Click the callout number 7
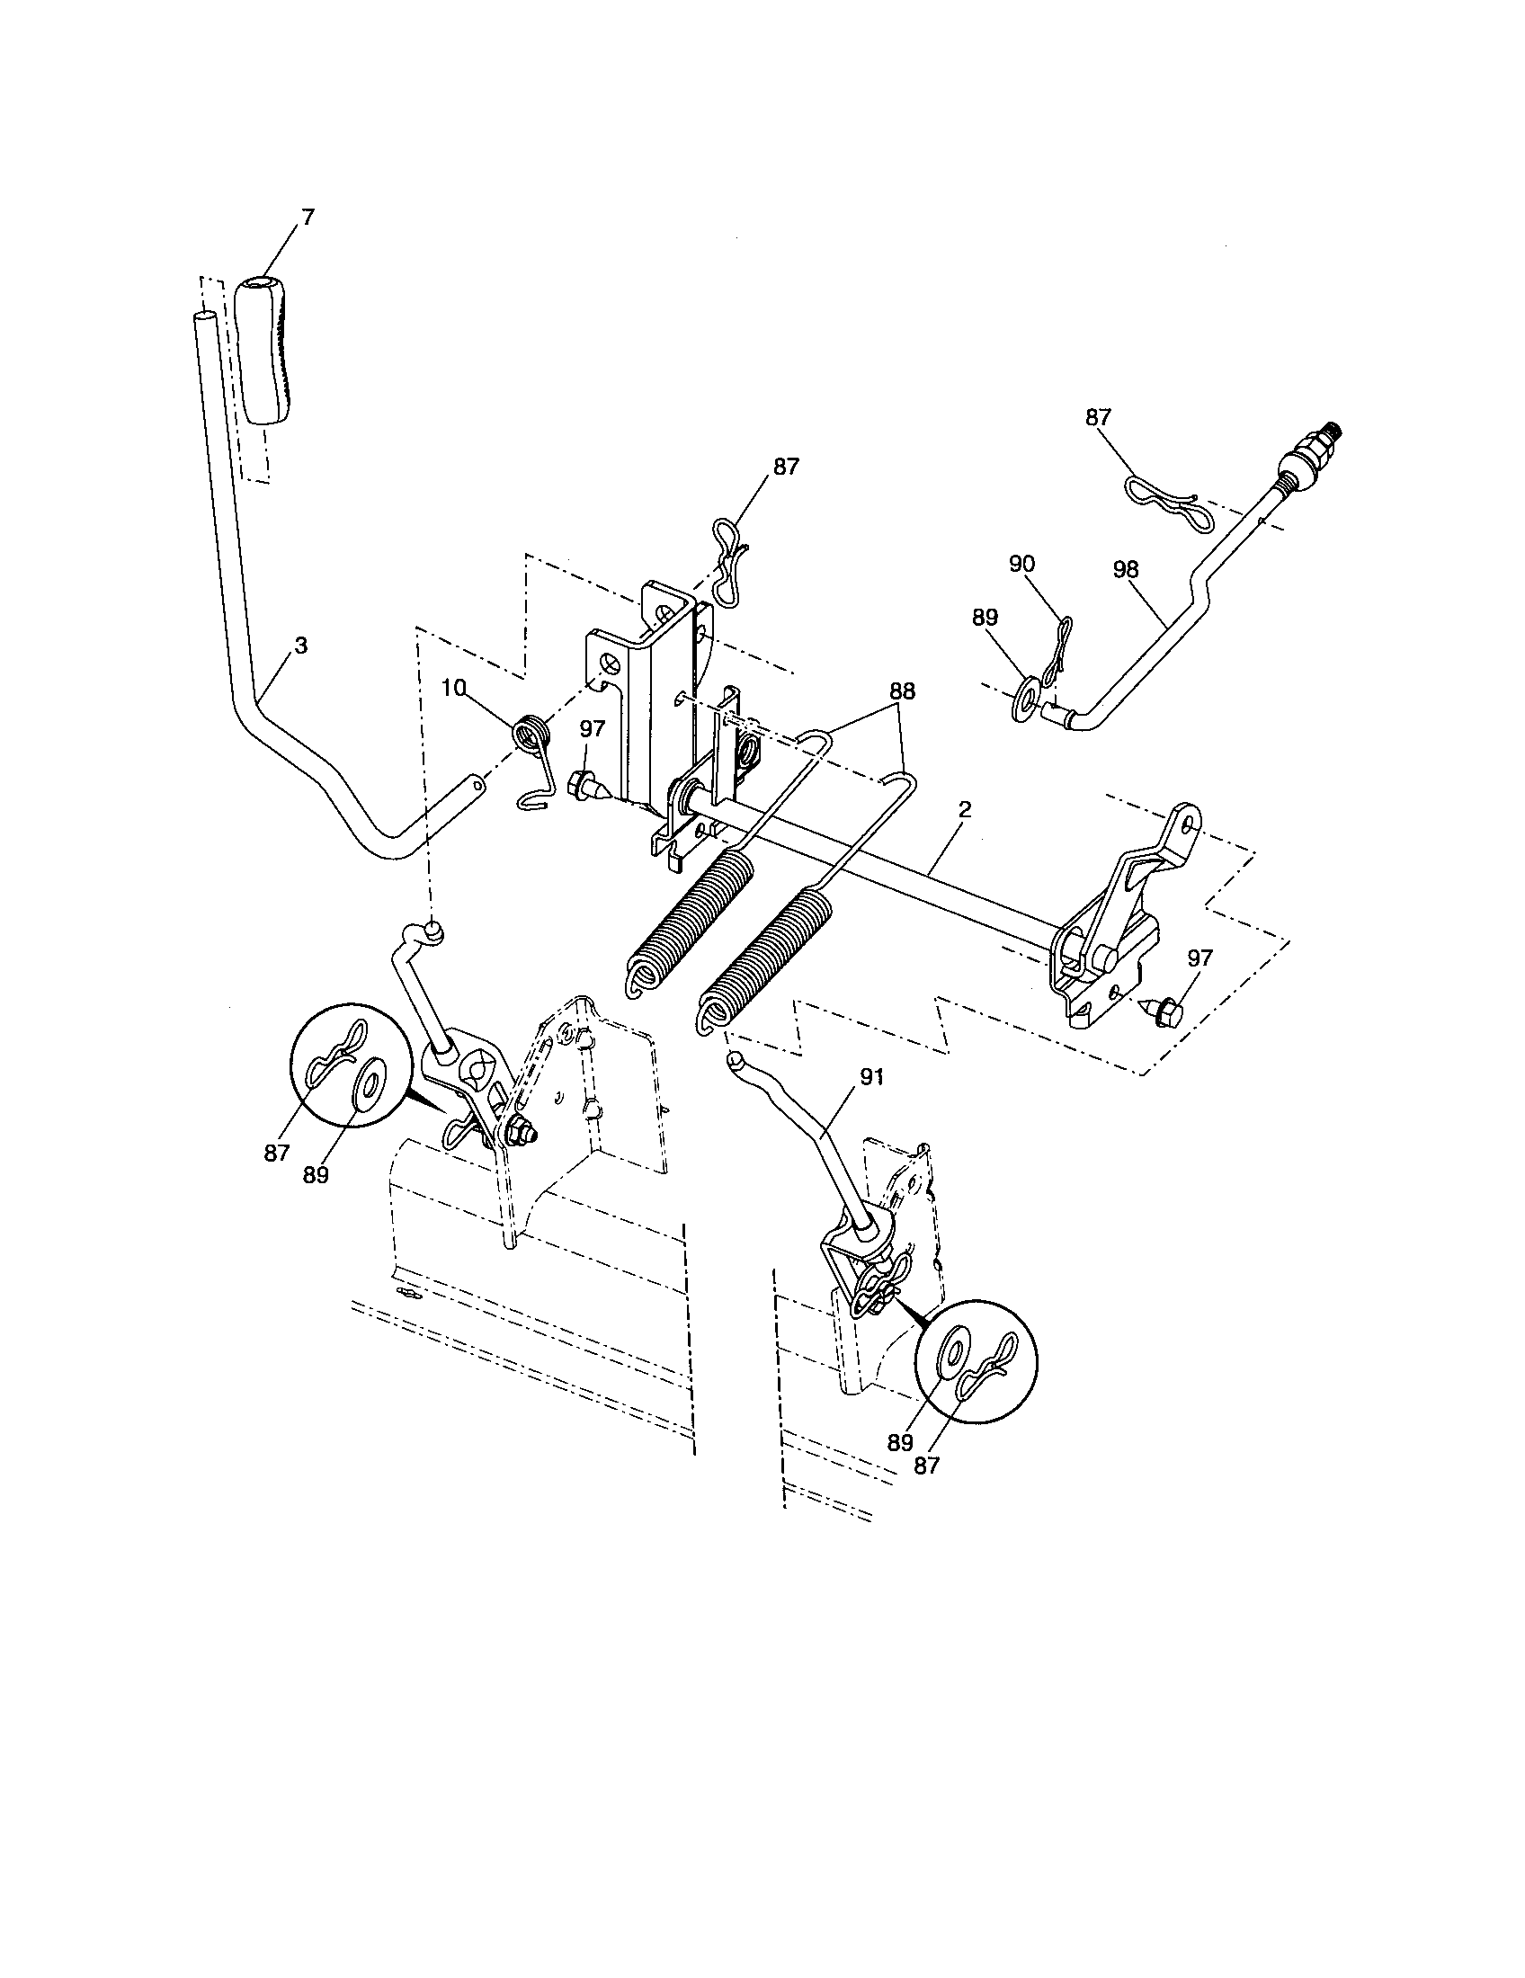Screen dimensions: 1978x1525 (308, 218)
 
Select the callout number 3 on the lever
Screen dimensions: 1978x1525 (300, 646)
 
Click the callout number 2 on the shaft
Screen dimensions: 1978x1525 (965, 811)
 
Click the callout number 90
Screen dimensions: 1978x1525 (1022, 564)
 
